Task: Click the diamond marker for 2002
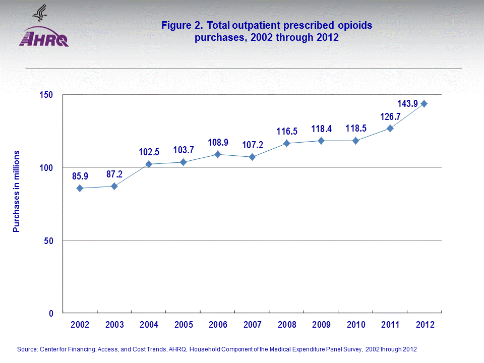[x=80, y=188]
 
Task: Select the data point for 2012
[x=425, y=103]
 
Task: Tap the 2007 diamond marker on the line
[x=252, y=157]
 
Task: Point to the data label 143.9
[x=407, y=104]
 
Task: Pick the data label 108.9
[x=218, y=143]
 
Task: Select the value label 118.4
[x=321, y=129]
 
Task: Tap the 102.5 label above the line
[x=149, y=152]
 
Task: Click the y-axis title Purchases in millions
[x=16, y=191]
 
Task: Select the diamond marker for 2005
[x=183, y=162]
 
